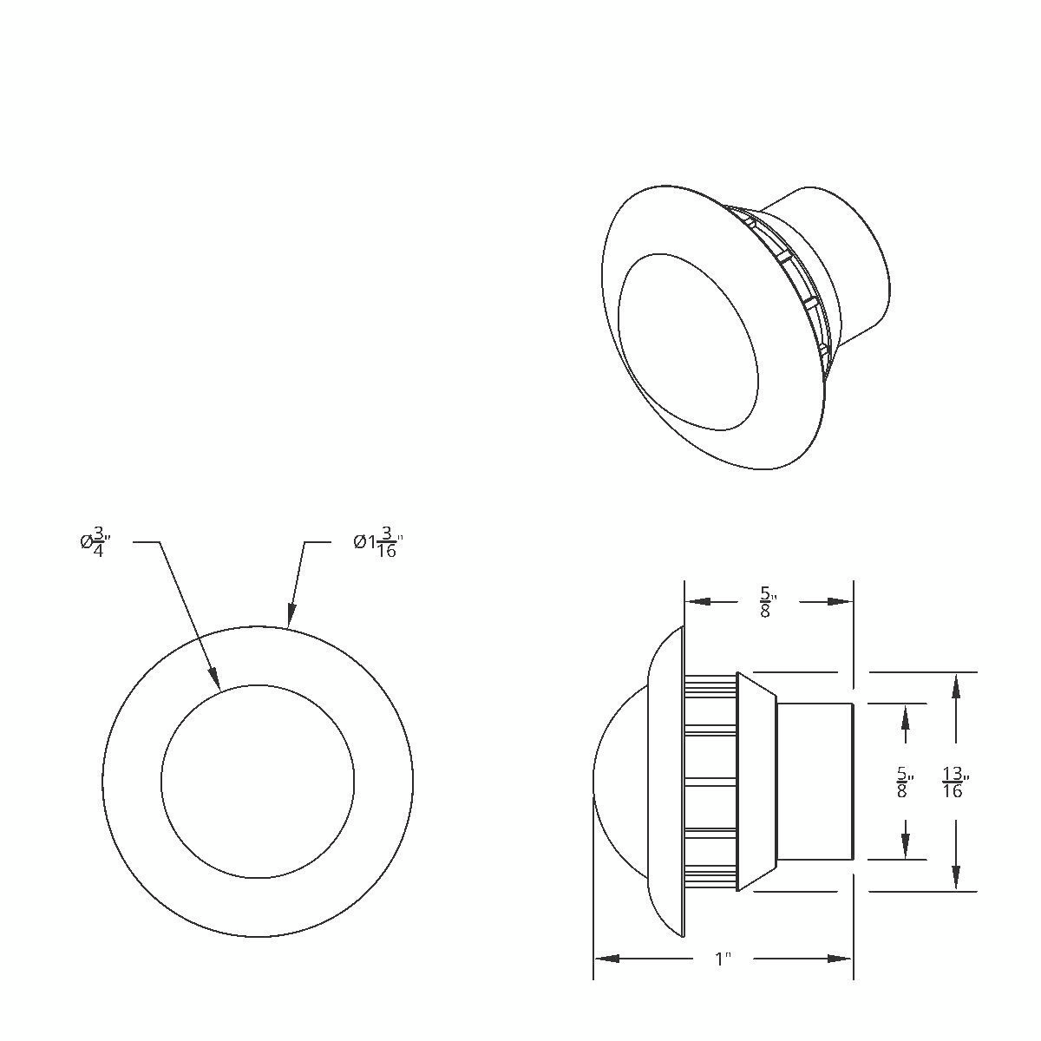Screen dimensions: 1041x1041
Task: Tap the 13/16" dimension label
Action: pyautogui.click(x=954, y=782)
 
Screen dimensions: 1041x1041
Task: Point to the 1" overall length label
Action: pyautogui.click(x=722, y=959)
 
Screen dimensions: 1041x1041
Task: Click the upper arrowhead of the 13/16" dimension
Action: pyautogui.click(x=955, y=685)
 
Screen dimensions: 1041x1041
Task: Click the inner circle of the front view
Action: pyautogui.click(x=258, y=781)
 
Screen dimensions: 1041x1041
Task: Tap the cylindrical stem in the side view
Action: pyautogui.click(x=814, y=781)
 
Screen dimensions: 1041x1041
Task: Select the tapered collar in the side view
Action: pyautogui.click(x=756, y=781)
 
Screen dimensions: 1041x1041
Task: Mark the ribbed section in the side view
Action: pyautogui.click(x=710, y=781)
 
